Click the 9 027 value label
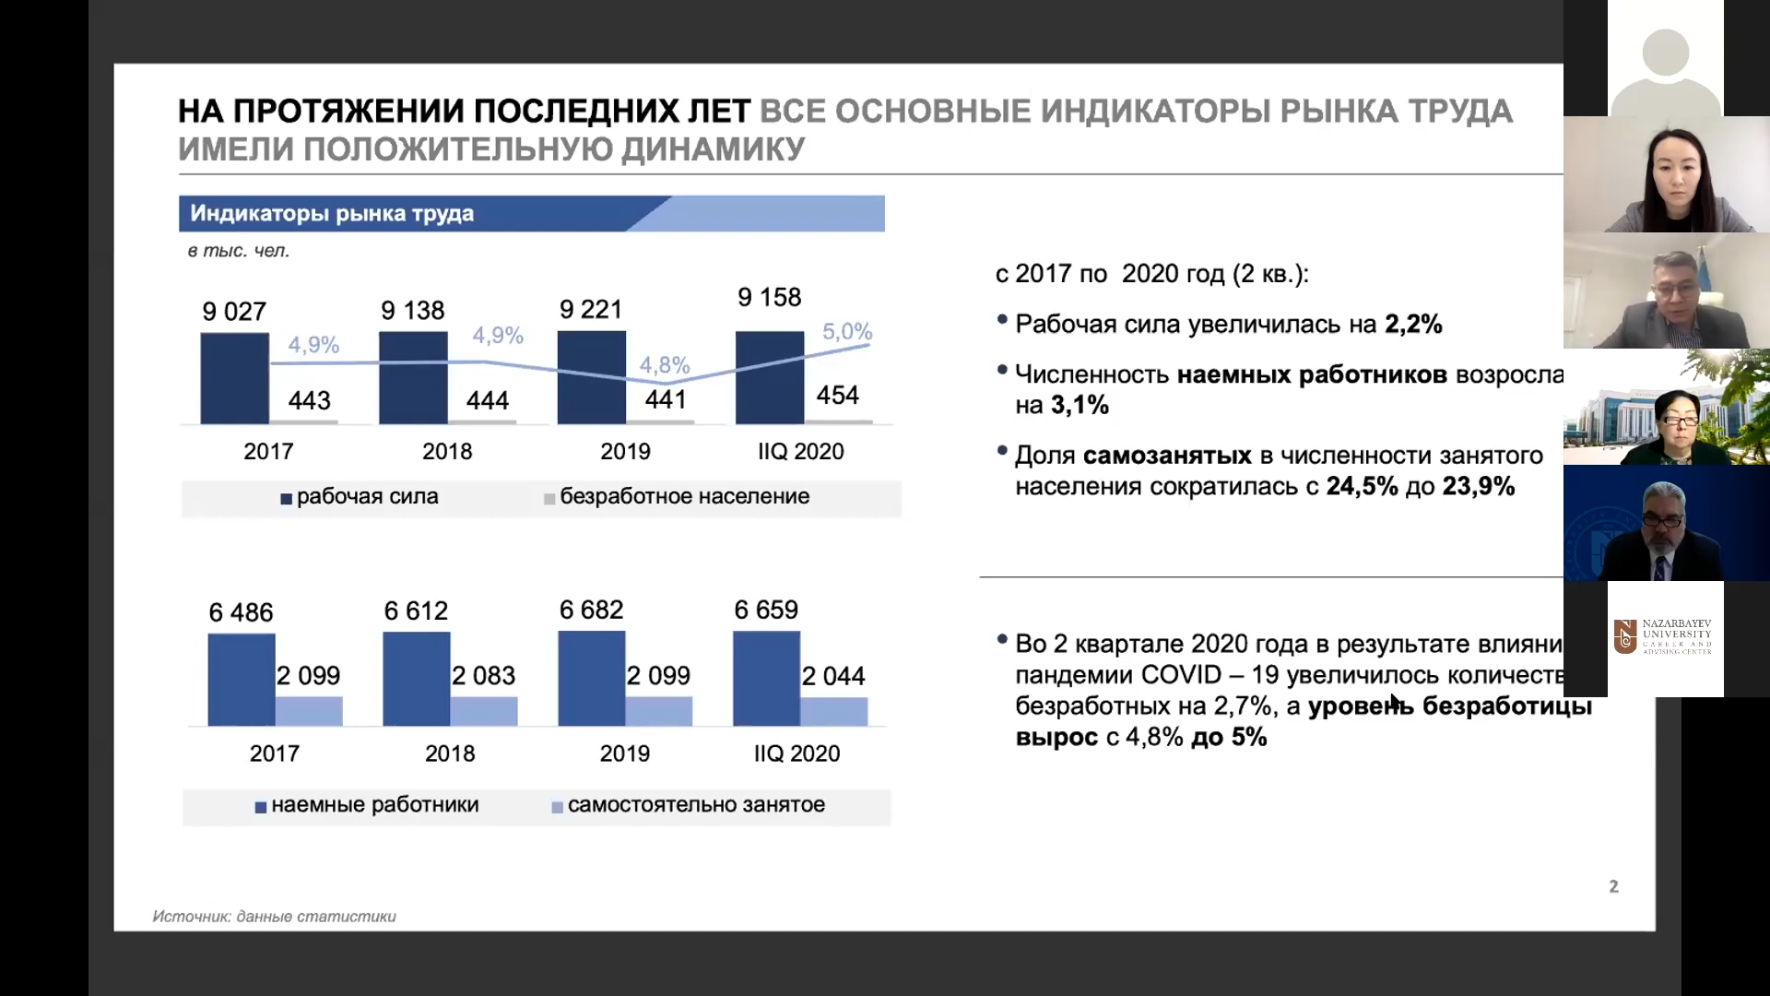tap(234, 312)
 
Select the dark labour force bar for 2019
tap(591, 377)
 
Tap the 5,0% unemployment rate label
tap(846, 331)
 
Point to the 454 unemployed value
tap(837, 396)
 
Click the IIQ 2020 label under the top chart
tap(800, 451)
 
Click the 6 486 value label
tap(241, 612)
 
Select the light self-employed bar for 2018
tap(484, 711)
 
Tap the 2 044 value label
tap(833, 676)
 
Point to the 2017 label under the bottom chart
tap(275, 753)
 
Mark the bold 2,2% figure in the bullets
tap(1413, 325)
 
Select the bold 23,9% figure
tap(1478, 486)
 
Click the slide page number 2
tap(1613, 886)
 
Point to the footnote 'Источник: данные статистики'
tap(274, 916)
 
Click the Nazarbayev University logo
tap(1665, 637)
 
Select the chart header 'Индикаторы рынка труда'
tap(332, 214)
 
